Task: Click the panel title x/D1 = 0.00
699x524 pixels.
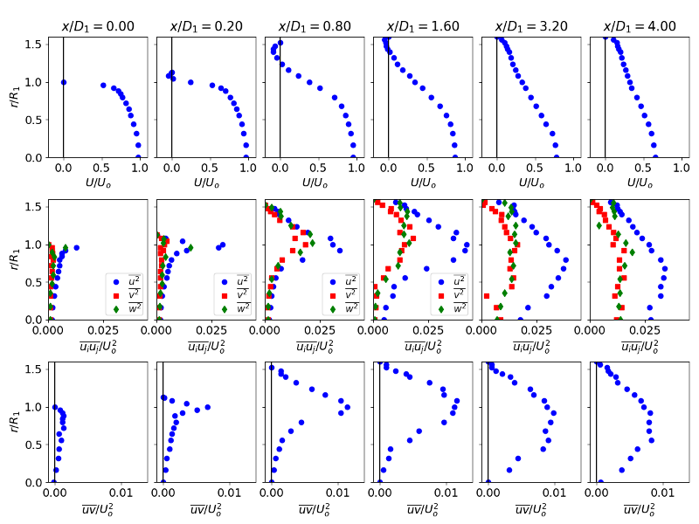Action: (97, 26)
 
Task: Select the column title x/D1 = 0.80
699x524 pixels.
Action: (315, 26)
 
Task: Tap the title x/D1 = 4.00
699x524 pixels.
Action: (640, 26)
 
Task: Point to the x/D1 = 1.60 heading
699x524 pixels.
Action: (423, 26)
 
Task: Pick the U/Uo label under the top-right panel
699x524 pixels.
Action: (640, 183)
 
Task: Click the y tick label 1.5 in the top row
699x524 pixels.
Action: (32, 44)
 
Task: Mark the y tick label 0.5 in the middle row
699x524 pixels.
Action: (32, 282)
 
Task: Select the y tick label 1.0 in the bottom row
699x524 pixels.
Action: (32, 407)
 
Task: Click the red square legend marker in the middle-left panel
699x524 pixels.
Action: (116, 294)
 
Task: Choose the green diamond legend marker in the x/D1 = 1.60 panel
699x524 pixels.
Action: (441, 307)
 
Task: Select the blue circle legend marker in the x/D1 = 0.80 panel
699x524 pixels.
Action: (333, 281)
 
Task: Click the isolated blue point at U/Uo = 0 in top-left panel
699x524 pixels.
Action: (64, 82)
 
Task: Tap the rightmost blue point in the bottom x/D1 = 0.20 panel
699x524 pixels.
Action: (207, 407)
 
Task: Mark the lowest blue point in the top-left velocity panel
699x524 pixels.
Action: (138, 157)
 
